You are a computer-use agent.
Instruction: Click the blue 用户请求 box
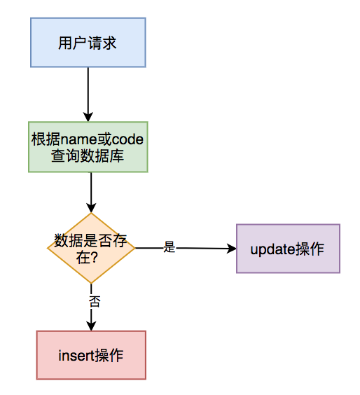click(x=88, y=43)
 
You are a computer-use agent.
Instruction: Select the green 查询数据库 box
click(x=88, y=147)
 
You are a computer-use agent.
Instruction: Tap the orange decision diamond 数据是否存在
click(x=91, y=248)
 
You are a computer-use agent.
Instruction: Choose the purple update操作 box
click(x=288, y=249)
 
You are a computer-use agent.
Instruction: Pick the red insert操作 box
click(x=91, y=355)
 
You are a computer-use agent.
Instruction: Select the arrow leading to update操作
click(x=203, y=248)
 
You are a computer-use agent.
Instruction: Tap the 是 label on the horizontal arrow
click(x=168, y=247)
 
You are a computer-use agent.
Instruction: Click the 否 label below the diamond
click(x=95, y=301)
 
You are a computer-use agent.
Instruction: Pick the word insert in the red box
click(x=76, y=355)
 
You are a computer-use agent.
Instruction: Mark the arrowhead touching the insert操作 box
click(x=91, y=325)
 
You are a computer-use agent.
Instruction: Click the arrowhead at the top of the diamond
click(x=91, y=207)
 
